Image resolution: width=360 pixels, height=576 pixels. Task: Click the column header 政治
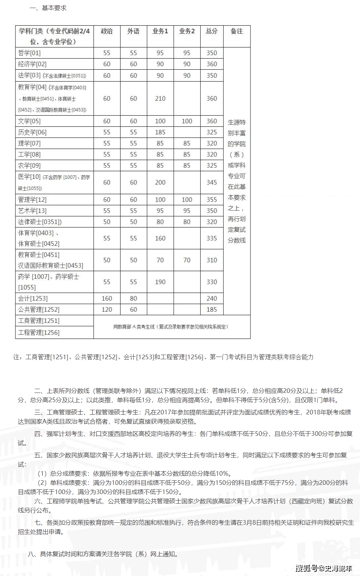(x=106, y=31)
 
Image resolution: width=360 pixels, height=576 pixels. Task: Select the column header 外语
(x=133, y=31)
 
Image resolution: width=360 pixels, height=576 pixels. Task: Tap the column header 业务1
(x=160, y=31)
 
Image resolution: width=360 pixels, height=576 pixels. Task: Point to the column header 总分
(x=212, y=31)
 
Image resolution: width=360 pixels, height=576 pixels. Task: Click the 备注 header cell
(x=237, y=31)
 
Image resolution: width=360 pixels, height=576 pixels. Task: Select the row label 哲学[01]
(x=29, y=53)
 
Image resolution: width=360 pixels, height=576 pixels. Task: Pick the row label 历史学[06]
(x=32, y=132)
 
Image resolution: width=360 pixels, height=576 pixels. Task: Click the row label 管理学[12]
(x=32, y=200)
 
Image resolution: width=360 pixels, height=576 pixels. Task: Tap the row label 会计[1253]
(x=33, y=298)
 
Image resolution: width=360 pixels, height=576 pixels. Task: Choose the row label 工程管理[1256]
(x=39, y=332)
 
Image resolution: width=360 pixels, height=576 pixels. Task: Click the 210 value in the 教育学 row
(x=160, y=98)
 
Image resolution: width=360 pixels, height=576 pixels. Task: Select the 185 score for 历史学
(x=160, y=132)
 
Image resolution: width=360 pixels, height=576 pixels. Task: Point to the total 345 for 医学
(x=212, y=182)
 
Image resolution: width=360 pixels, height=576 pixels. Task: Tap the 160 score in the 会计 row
(x=107, y=298)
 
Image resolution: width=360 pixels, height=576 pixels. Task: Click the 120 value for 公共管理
(x=107, y=309)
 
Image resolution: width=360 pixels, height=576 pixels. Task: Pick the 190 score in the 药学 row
(x=160, y=282)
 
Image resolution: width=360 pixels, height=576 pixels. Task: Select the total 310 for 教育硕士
(x=212, y=260)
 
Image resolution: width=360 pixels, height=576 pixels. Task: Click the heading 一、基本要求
(x=48, y=8)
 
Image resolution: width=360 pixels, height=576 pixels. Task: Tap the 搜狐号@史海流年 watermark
(x=324, y=568)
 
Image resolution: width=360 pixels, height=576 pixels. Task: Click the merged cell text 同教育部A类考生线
(x=171, y=327)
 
